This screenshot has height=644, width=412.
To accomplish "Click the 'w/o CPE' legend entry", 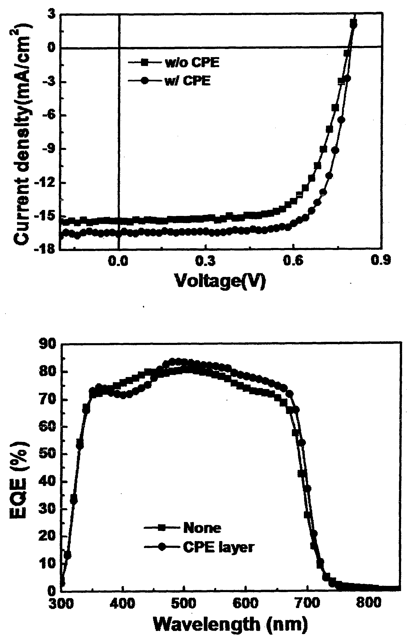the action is pyautogui.click(x=174, y=63).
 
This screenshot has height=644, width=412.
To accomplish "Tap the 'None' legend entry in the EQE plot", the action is pyautogui.click(x=182, y=528).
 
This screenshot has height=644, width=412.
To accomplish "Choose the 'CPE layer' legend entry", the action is pyautogui.click(x=199, y=547).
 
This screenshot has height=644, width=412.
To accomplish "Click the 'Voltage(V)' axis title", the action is pyautogui.click(x=220, y=281).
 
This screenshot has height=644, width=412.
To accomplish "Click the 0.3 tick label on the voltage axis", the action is pyautogui.click(x=205, y=261).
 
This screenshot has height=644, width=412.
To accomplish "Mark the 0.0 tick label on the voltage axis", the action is pyautogui.click(x=118, y=261).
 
